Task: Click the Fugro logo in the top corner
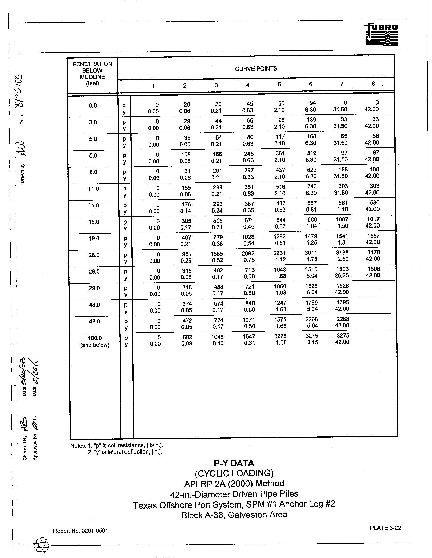381,34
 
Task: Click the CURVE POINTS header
256,69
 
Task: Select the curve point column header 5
279,84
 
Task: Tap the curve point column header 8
373,83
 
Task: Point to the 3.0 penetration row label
93,122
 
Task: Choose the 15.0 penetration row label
94,222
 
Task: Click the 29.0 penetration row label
94,288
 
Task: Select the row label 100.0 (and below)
95,341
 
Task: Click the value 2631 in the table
280,253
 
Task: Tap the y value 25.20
342,275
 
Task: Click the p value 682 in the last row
187,337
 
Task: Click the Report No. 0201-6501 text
80,531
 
